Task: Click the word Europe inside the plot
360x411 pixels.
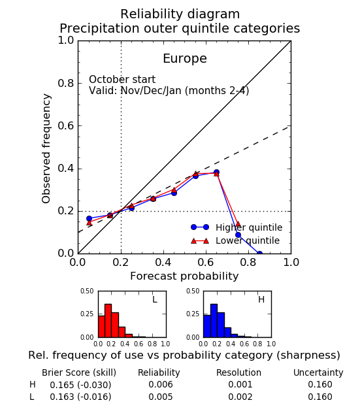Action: [185, 59]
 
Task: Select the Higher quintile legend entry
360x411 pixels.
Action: [237, 227]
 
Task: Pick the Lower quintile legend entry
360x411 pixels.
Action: [235, 240]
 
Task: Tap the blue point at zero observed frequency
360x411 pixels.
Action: [259, 254]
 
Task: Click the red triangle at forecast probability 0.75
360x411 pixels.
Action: [238, 224]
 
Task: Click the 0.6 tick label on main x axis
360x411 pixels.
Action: [206, 262]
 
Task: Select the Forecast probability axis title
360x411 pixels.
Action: [184, 276]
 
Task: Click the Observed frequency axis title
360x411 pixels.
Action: [46, 148]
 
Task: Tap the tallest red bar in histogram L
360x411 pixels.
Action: [108, 321]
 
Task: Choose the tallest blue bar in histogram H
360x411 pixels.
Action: [214, 321]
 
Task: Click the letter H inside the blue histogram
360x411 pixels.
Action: [261, 299]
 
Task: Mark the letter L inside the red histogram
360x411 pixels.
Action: [155, 299]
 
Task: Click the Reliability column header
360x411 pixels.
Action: [159, 372]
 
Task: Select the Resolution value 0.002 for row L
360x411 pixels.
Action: [240, 397]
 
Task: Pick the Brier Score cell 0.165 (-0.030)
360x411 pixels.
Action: [80, 385]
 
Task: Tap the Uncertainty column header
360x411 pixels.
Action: [318, 372]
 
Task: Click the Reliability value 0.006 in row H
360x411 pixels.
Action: [161, 384]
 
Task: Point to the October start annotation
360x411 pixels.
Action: [122, 80]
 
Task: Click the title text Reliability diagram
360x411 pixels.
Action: [180, 14]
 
